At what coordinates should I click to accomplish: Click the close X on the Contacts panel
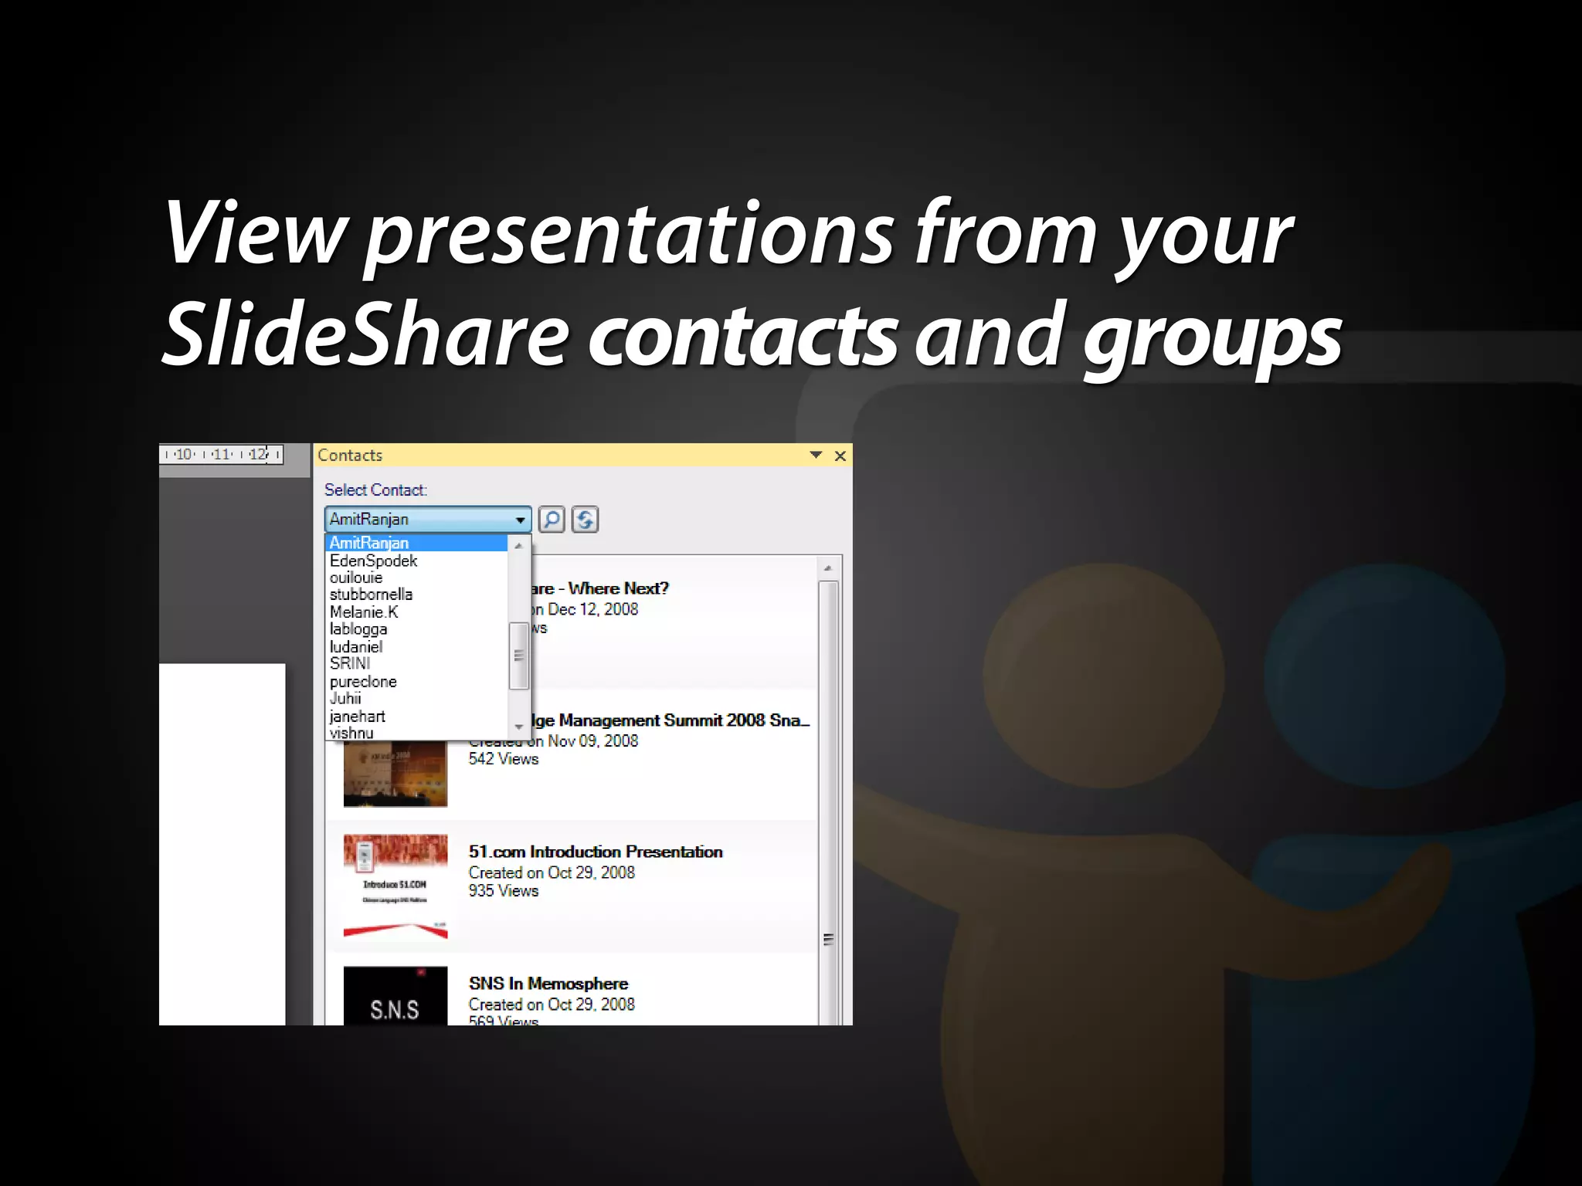840,456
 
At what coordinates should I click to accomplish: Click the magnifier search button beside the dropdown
552,520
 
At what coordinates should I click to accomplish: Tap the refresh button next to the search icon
585,520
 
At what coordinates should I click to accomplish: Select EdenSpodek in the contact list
373,561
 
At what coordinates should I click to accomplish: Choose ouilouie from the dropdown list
356,578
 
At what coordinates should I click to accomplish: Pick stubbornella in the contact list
371,595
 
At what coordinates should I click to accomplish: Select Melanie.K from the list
364,612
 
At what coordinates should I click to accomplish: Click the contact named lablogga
358,629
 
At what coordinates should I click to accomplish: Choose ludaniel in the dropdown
356,647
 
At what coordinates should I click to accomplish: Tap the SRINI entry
350,664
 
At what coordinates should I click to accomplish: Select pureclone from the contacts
363,682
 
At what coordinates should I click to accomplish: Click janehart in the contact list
357,717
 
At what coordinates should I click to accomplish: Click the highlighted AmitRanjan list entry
369,544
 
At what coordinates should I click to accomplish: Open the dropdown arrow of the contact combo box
520,520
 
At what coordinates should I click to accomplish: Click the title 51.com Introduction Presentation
596,852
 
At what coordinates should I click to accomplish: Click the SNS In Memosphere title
548,984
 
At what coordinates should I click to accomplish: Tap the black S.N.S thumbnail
395,997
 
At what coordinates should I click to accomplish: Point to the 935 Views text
504,891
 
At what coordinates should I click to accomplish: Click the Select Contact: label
375,490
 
